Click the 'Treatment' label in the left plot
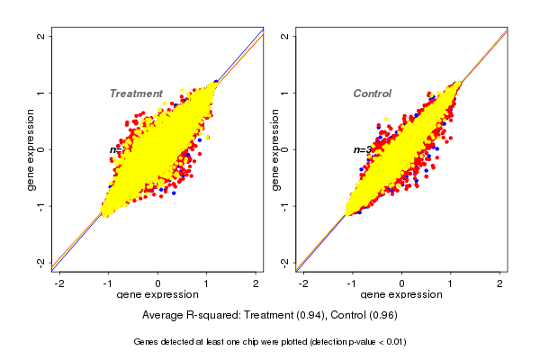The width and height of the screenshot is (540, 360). coord(136,94)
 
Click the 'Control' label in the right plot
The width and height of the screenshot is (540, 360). coord(372,94)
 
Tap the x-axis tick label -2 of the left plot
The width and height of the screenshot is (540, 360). coord(59,283)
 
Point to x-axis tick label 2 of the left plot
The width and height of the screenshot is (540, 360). coord(256,283)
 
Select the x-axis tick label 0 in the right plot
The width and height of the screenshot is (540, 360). coord(401,283)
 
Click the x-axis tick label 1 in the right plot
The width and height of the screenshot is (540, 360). coord(451,283)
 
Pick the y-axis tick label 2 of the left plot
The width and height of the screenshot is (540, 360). coord(41,36)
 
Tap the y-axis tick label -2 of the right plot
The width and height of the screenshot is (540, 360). coord(285,262)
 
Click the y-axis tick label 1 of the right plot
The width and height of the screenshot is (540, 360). coord(285,93)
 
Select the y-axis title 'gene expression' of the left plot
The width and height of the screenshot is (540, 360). coord(31,149)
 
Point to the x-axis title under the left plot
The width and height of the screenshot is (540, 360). coord(157,295)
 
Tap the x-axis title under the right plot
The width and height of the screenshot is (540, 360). coord(401,295)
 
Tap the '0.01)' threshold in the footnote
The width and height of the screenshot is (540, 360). coord(392,342)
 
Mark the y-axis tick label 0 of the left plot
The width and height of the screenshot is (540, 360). coord(41,149)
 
